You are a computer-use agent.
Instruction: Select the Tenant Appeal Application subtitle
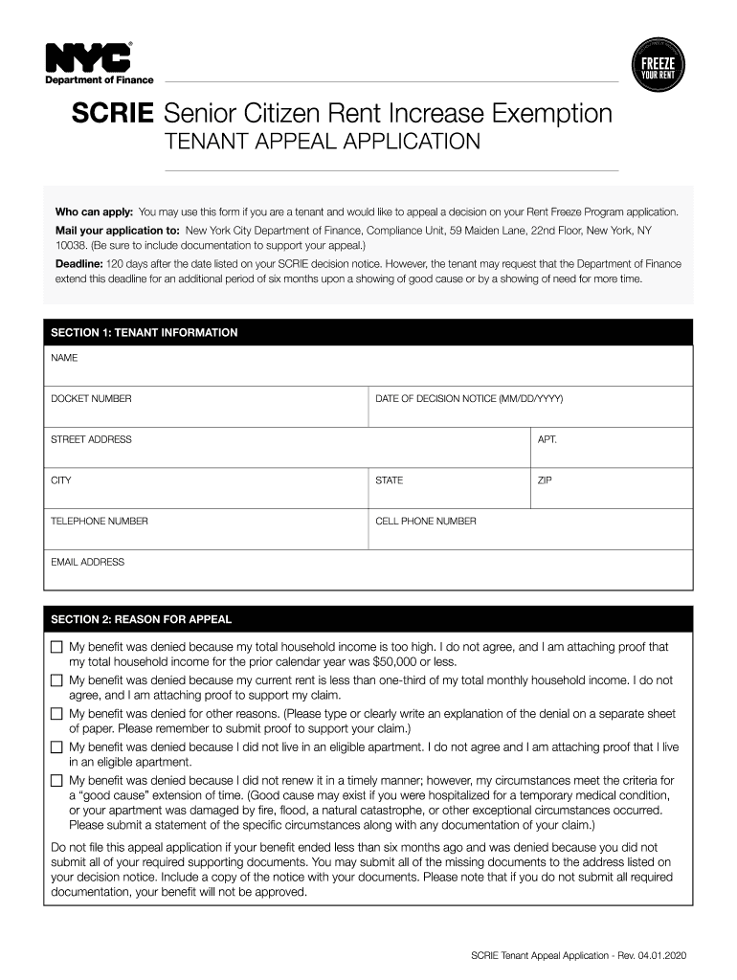point(323,143)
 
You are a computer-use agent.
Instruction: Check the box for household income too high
point(56,648)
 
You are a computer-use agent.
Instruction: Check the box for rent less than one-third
point(56,681)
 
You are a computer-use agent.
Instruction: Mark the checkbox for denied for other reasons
point(56,715)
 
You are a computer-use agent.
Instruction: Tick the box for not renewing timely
point(56,781)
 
